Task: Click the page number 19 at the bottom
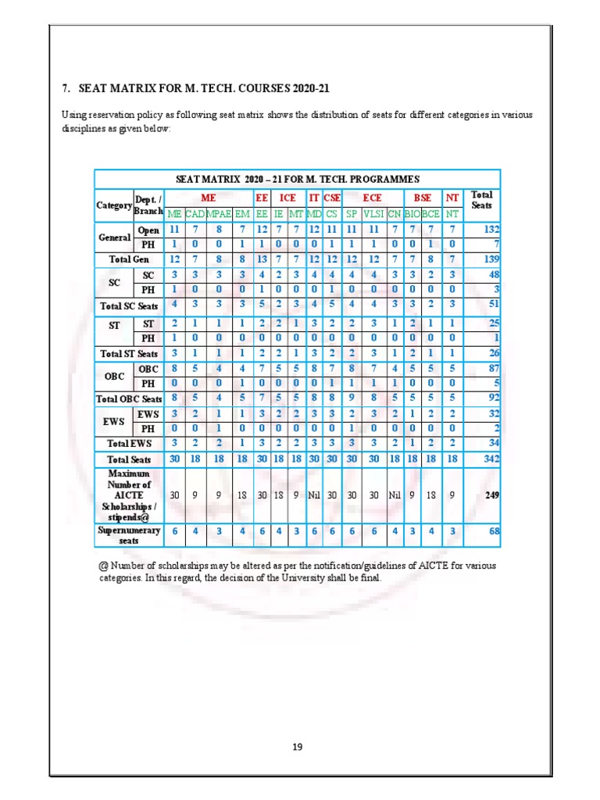(297, 747)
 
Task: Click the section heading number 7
(65, 89)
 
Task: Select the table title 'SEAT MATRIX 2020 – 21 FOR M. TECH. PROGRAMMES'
(297, 179)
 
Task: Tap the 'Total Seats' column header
(482, 200)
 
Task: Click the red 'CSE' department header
(332, 198)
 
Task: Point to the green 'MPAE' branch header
(219, 212)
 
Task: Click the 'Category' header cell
(114, 205)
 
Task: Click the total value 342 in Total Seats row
(490, 459)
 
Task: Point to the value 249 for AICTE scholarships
(491, 495)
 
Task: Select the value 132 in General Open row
(491, 230)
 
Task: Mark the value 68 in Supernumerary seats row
(494, 532)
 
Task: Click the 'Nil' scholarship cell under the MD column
(314, 495)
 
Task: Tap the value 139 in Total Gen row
(491, 259)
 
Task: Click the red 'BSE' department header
(422, 198)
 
